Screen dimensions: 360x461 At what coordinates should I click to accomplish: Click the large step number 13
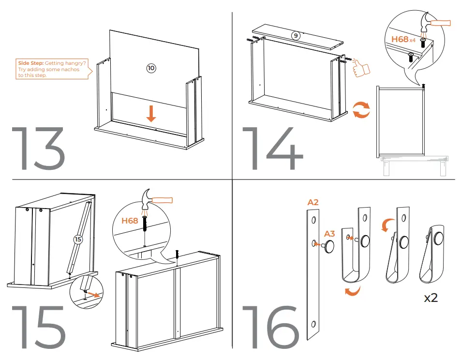38,148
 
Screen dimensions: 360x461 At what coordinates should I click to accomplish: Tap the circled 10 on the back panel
151,68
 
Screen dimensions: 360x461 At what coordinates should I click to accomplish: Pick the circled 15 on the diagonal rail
78,239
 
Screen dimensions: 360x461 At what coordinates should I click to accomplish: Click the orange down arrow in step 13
151,113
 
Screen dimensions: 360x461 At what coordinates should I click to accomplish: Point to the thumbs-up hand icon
360,69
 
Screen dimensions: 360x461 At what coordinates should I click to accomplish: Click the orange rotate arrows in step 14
360,110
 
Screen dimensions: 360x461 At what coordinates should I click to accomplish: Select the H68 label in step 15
130,221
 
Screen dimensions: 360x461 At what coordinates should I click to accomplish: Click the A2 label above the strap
313,202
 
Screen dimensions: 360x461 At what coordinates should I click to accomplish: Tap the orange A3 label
329,234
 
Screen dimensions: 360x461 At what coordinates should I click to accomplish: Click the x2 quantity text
431,298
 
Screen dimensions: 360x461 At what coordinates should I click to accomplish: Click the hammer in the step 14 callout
433,22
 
